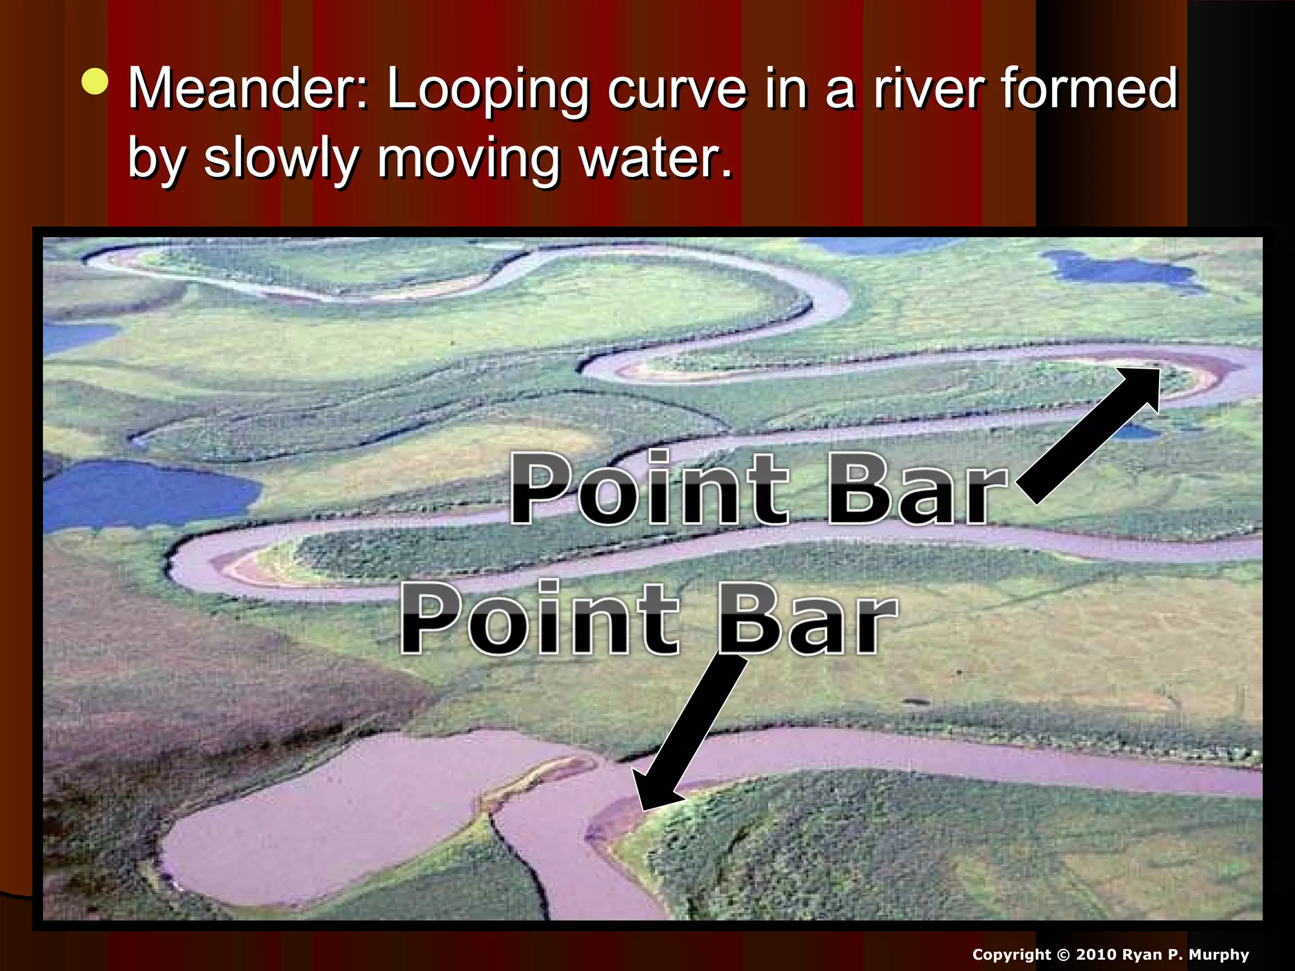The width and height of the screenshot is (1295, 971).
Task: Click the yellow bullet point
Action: pos(95,82)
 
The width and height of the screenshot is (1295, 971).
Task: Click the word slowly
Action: pos(281,159)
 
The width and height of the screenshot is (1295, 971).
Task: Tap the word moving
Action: pos(469,160)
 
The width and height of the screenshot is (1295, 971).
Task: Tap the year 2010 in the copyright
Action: pos(1096,955)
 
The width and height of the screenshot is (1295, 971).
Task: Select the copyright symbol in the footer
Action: pos(1064,955)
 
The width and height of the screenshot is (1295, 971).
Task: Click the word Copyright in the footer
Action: pos(1012,955)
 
